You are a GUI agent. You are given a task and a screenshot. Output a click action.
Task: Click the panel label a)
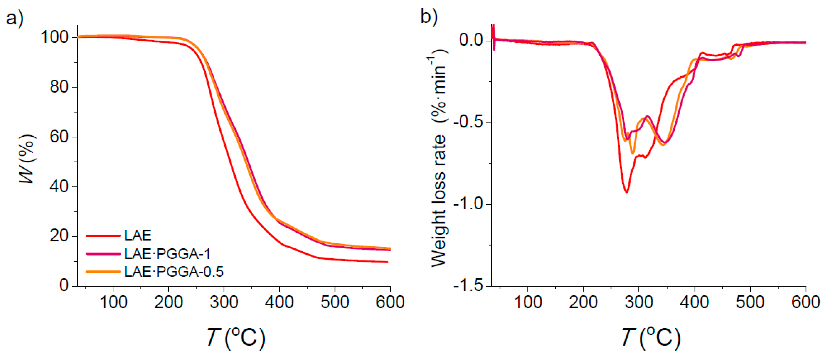(x=15, y=18)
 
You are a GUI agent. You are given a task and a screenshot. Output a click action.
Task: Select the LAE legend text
(x=138, y=236)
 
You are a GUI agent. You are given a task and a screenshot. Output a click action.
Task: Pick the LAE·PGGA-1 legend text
(x=167, y=254)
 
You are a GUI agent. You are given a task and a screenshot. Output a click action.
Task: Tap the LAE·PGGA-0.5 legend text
(x=174, y=272)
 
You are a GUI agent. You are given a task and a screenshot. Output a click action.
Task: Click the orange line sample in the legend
(x=103, y=272)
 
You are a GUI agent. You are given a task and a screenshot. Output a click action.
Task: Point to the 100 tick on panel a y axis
(x=54, y=38)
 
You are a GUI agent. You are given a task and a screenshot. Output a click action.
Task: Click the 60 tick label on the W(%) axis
(x=59, y=137)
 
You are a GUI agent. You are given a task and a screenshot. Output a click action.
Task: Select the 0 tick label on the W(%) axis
(x=64, y=285)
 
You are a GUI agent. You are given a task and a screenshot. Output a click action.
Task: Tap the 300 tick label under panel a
(x=224, y=302)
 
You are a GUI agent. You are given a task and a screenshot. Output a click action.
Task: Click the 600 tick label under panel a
(x=390, y=302)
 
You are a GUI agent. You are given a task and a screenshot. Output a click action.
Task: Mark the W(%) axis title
(x=27, y=159)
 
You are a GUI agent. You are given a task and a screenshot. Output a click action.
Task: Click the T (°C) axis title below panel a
(x=236, y=337)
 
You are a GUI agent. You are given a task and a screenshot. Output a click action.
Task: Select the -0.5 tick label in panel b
(x=468, y=123)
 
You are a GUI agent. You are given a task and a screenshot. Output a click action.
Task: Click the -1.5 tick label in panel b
(x=468, y=285)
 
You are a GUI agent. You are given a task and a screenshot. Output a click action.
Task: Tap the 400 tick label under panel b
(x=694, y=302)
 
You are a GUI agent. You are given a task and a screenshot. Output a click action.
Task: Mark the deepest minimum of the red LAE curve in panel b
(x=626, y=192)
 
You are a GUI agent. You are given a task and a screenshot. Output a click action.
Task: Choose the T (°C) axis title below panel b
(x=651, y=337)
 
